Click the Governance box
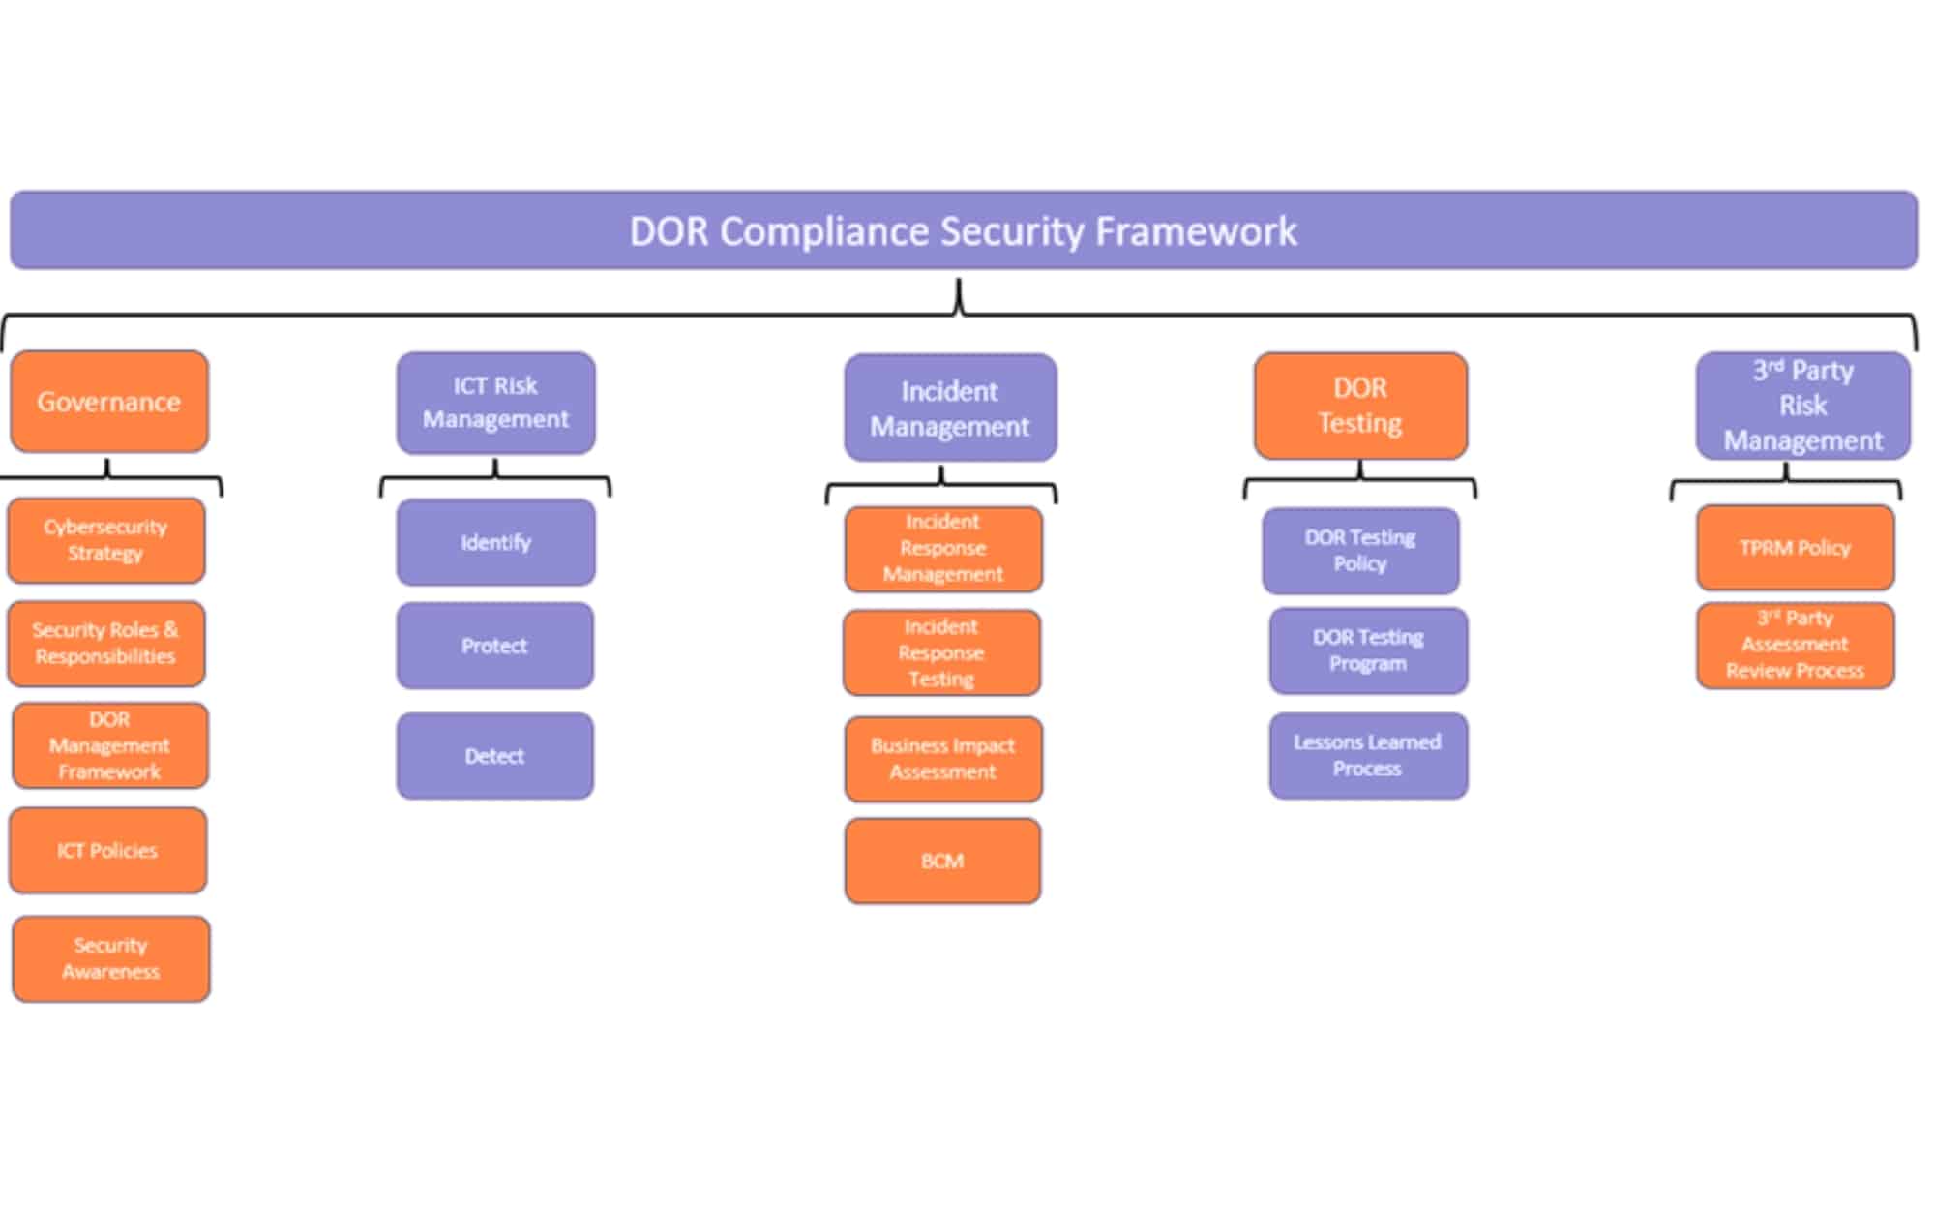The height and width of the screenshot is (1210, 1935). (109, 402)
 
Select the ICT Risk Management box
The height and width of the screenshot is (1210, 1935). (495, 403)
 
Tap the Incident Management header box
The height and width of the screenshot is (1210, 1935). (950, 408)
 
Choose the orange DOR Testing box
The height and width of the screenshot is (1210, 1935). (1360, 406)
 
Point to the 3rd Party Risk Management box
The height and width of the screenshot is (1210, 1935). (1802, 406)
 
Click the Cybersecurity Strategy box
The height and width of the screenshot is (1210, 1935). (106, 540)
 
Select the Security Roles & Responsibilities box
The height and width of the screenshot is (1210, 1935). (106, 643)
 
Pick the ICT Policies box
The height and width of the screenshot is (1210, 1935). (107, 850)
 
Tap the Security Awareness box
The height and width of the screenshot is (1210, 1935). (110, 958)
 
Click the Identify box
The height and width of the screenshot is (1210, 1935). (495, 542)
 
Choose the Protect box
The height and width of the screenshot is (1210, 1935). (494, 646)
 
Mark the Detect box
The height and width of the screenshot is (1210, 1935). (494, 756)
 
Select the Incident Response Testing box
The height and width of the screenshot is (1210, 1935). (941, 652)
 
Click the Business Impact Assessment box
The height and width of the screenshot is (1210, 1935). (942, 759)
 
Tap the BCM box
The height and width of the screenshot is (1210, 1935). (942, 861)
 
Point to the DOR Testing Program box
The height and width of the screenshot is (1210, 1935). (1368, 650)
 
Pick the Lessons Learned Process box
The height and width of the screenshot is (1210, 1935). (1368, 755)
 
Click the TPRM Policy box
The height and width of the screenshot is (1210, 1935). (1795, 548)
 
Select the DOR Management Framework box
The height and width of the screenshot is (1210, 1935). (109, 745)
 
